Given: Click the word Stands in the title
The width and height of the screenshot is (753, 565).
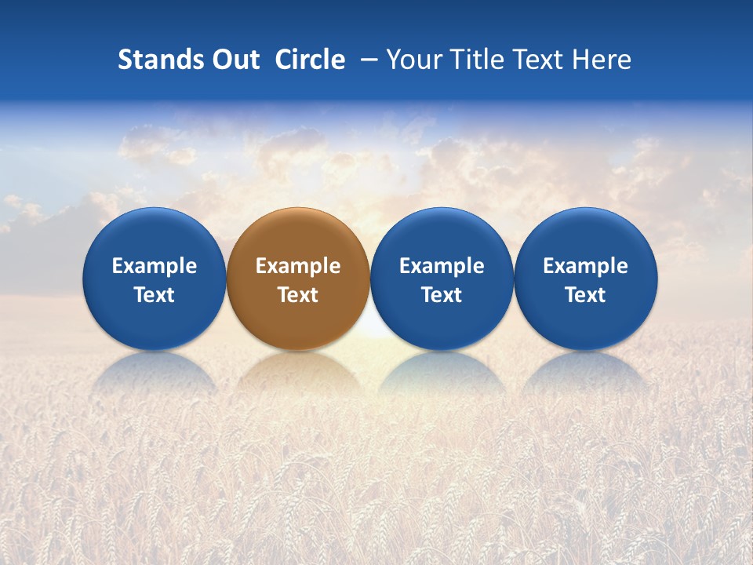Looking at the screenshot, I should pos(154,60).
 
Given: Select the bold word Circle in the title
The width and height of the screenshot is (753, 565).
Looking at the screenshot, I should pos(310,60).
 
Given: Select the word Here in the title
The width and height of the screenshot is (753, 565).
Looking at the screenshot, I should pos(601,60).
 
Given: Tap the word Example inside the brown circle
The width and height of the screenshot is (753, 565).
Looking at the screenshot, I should pos(298,266).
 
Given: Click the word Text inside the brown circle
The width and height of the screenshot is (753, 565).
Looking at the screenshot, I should pos(298,295).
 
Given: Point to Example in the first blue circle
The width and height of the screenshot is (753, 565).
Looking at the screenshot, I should pos(154,266).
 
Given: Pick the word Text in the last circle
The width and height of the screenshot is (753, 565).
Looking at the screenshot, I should pos(586,295).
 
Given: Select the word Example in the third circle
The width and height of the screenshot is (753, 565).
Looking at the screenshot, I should pos(442,266).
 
